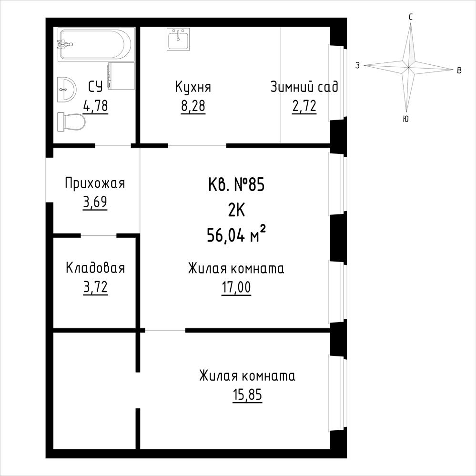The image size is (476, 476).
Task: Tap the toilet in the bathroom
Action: pyautogui.click(x=71, y=122)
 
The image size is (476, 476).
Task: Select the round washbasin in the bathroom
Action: pyautogui.click(x=67, y=90)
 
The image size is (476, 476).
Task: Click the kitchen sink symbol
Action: pyautogui.click(x=178, y=39)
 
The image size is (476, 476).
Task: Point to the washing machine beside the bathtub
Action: pyautogui.click(x=121, y=76)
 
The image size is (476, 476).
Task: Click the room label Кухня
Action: pyautogui.click(x=193, y=87)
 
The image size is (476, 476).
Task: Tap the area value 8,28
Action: pyautogui.click(x=193, y=106)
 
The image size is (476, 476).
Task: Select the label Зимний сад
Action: pyautogui.click(x=304, y=87)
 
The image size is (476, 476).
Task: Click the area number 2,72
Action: pyautogui.click(x=304, y=106)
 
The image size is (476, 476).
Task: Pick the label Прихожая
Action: pyautogui.click(x=95, y=183)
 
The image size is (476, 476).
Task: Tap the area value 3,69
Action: pyautogui.click(x=95, y=202)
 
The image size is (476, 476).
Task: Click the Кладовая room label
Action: pyautogui.click(x=95, y=268)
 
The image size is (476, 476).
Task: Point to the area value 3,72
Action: pyautogui.click(x=95, y=287)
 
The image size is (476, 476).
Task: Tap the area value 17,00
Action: pyautogui.click(x=236, y=287)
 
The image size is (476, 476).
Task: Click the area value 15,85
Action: pyautogui.click(x=247, y=395)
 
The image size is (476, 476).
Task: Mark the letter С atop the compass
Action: pyautogui.click(x=410, y=17)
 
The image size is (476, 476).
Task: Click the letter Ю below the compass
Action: pyautogui.click(x=405, y=119)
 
